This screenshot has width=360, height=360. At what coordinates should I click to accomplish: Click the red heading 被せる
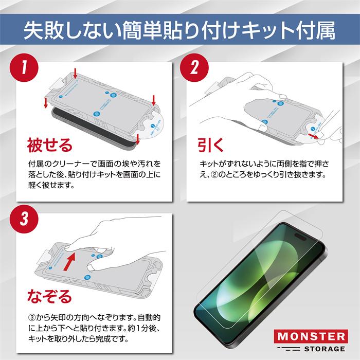click(x=49, y=145)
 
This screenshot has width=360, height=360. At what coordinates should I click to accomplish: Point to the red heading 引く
click(x=210, y=145)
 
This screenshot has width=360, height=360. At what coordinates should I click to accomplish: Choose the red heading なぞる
click(x=49, y=296)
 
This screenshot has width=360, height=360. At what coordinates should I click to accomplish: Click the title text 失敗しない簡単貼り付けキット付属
click(x=180, y=29)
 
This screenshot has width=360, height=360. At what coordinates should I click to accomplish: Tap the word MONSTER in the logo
click(x=310, y=337)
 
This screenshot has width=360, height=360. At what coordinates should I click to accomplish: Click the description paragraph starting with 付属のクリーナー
click(x=95, y=173)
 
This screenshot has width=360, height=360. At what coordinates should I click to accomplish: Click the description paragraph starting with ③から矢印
click(x=95, y=329)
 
